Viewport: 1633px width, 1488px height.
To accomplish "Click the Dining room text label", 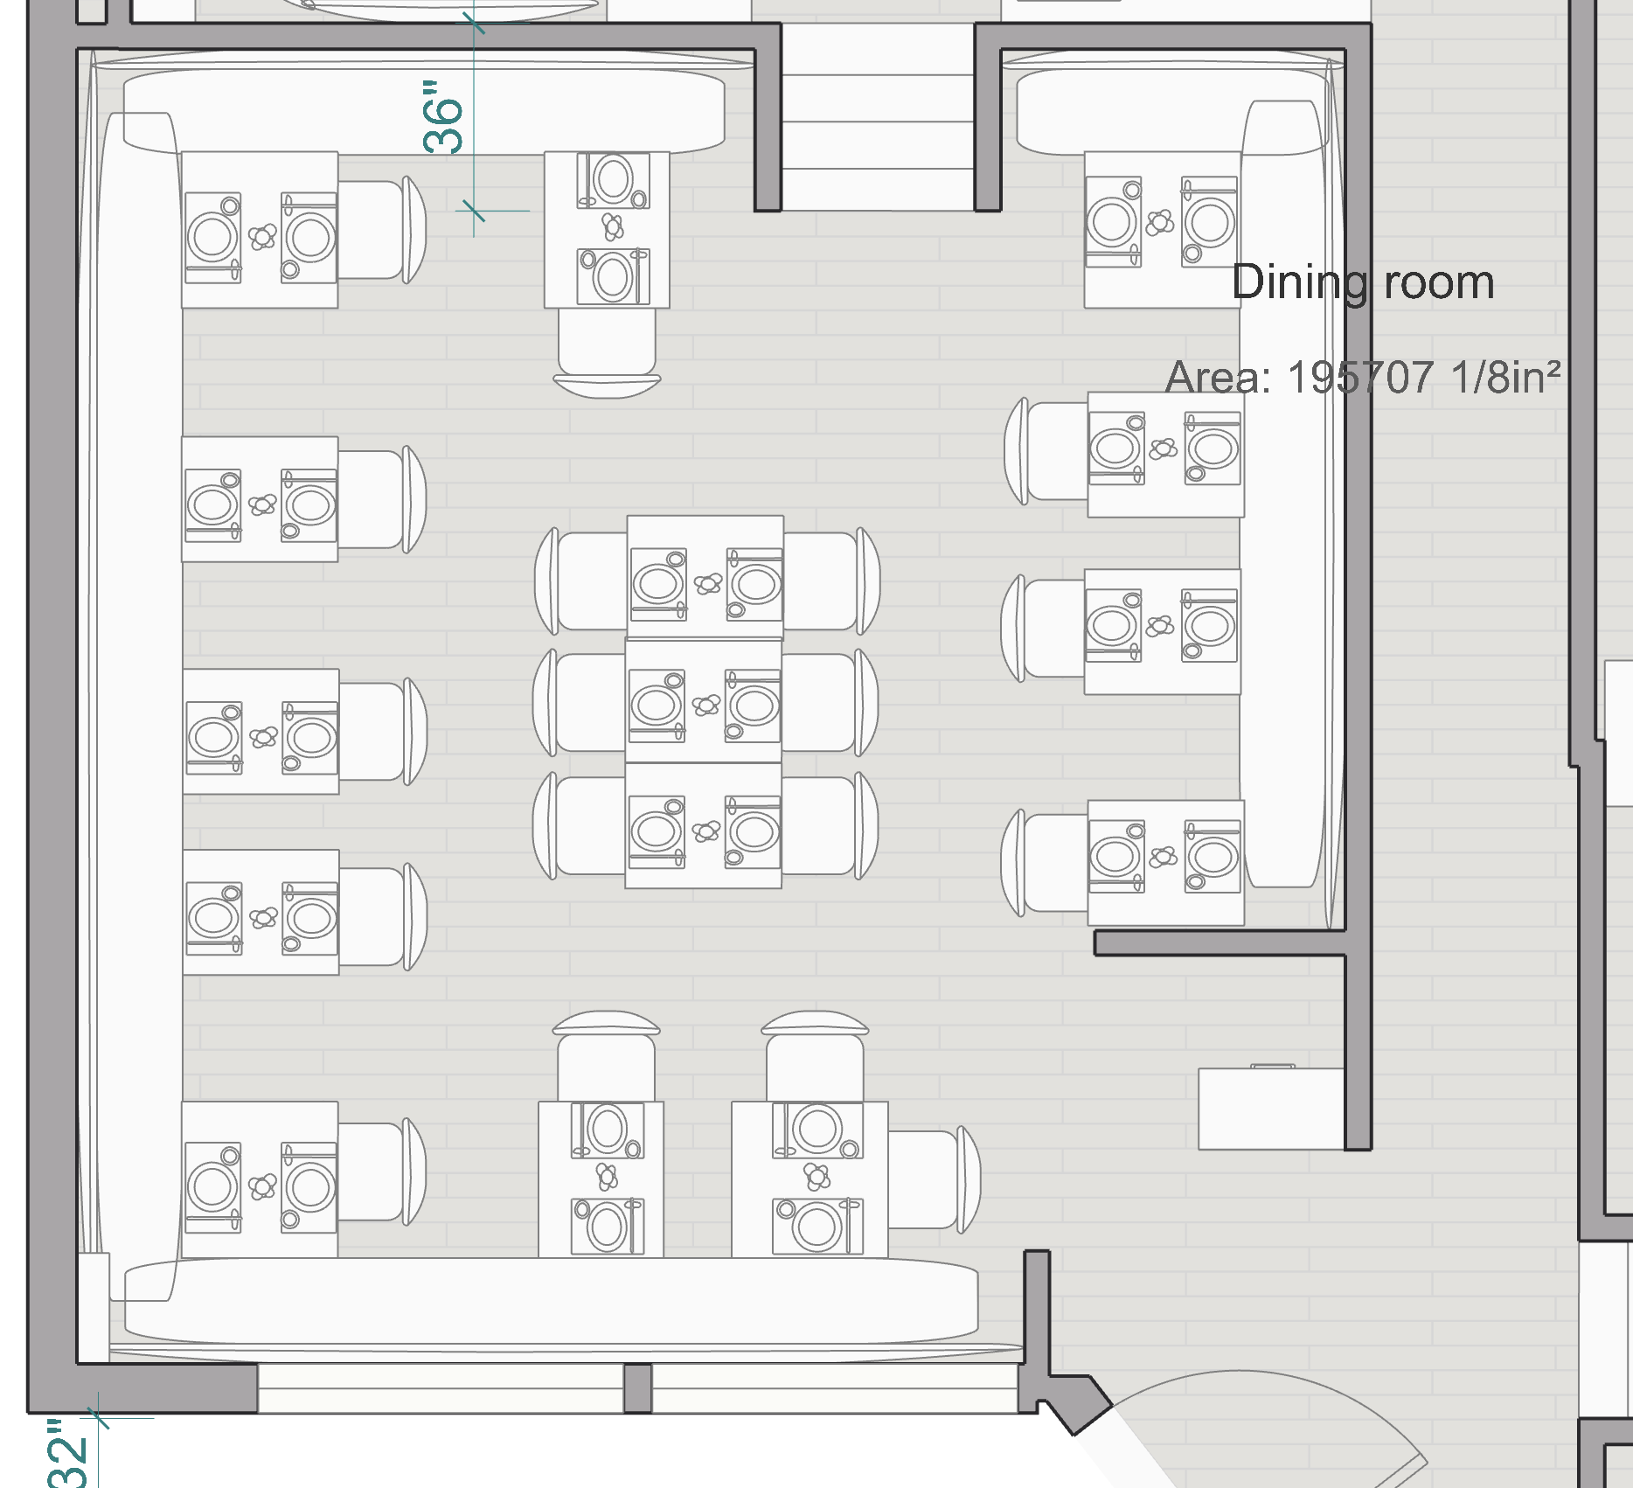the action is (x=1362, y=282).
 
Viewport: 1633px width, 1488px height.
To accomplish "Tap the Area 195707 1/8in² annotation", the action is (x=1362, y=377).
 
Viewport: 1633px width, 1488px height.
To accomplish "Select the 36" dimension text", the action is (x=443, y=117).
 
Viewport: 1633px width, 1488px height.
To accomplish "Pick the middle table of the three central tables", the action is (x=703, y=701).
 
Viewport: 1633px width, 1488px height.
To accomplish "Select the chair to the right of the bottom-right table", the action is (x=932, y=1179).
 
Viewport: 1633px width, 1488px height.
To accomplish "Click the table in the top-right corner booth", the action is (x=1162, y=230).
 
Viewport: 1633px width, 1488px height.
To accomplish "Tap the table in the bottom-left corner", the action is (x=260, y=1179).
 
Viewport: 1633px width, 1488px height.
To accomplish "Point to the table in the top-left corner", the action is (x=260, y=230).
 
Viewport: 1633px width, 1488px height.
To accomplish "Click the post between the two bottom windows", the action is (x=637, y=1387).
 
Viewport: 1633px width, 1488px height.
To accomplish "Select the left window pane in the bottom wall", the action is (x=441, y=1387).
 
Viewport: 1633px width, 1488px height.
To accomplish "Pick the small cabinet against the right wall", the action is (x=1270, y=1109).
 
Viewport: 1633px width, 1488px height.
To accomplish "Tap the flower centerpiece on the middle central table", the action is (x=706, y=705).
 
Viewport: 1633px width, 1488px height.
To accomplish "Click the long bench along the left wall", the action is (x=138, y=699).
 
